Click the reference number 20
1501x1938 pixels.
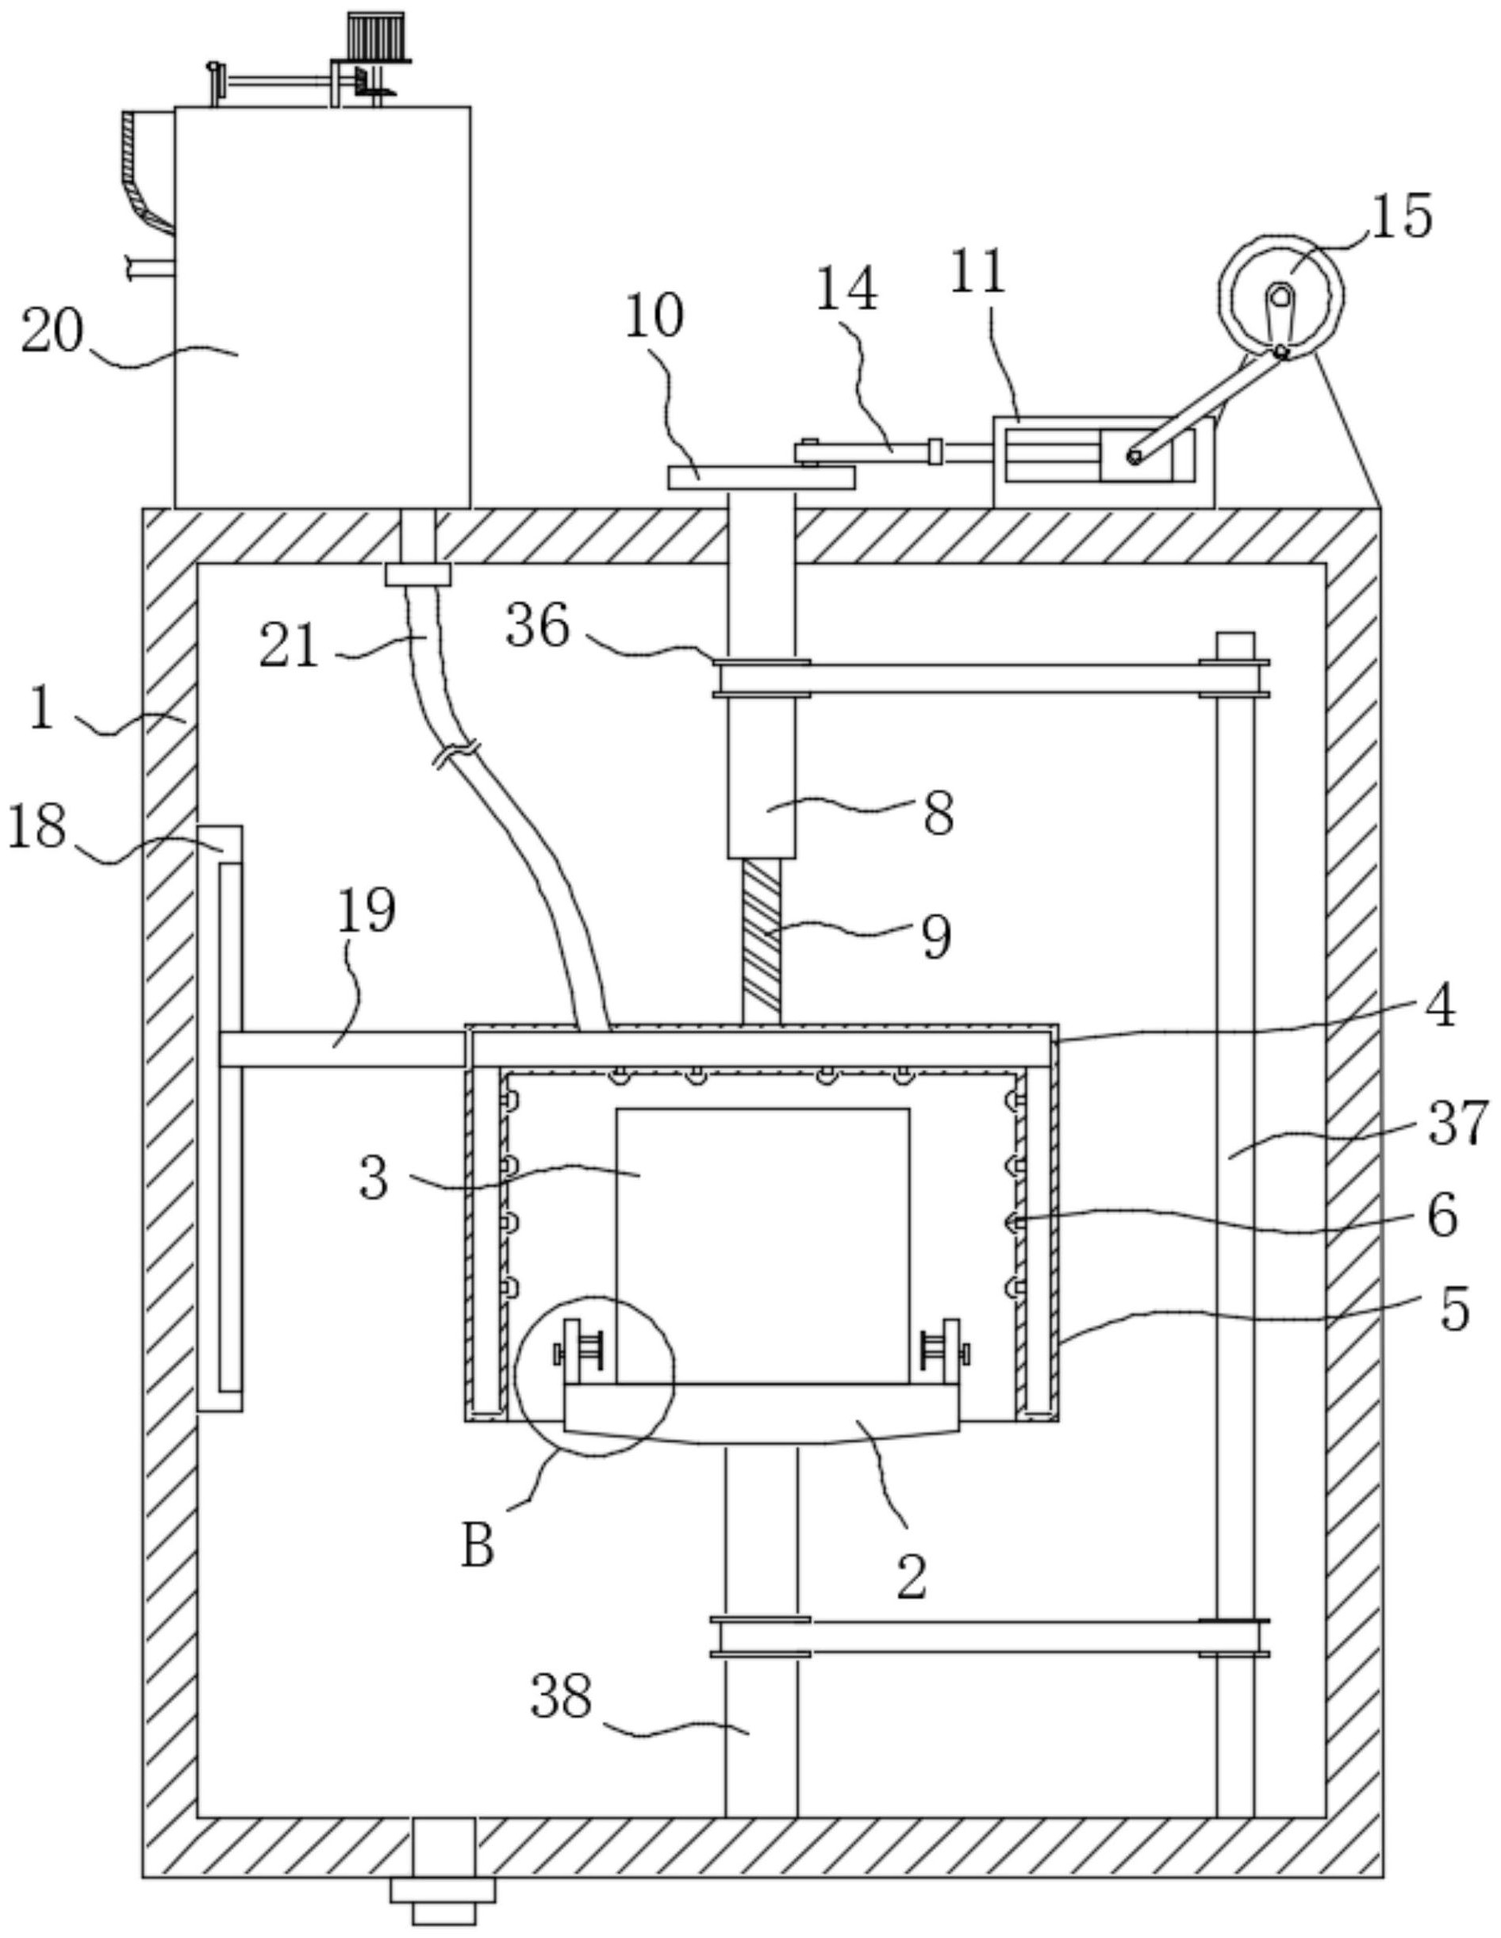(52, 333)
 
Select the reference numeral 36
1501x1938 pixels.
(537, 627)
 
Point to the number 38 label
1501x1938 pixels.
(561, 1697)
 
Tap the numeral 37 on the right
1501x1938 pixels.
(1457, 1123)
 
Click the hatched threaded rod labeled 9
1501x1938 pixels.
(762, 940)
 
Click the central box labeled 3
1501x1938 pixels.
(762, 1243)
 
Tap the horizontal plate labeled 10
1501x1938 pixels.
(760, 478)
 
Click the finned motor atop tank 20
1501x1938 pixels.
(375, 36)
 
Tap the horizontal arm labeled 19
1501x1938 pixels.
(342, 1048)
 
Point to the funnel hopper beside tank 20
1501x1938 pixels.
(147, 173)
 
